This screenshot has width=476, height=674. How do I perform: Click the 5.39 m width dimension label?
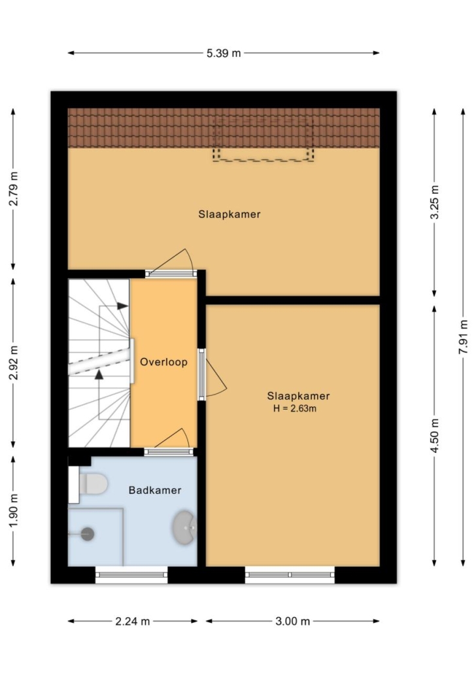224,53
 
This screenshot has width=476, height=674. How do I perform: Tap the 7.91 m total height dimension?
463,337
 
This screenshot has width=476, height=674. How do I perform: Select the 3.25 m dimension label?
434,202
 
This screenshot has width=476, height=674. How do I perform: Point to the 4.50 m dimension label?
434,435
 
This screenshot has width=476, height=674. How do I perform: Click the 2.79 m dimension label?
13,188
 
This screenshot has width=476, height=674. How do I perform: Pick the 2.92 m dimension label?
13,363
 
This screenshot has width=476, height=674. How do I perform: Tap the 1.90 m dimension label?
13,511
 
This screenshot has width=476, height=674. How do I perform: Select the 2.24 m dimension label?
132,621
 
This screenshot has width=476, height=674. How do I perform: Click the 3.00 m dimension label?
292,621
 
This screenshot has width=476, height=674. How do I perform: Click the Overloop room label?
163,362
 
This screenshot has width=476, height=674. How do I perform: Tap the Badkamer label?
155,490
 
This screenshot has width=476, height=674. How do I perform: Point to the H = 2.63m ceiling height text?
295,408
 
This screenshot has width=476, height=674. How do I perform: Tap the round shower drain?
88,534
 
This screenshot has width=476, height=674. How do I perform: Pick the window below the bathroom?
131,575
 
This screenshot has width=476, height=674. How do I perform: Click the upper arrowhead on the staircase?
123,306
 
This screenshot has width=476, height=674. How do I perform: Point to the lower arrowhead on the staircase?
99,374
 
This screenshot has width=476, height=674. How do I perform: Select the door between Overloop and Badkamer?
169,452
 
